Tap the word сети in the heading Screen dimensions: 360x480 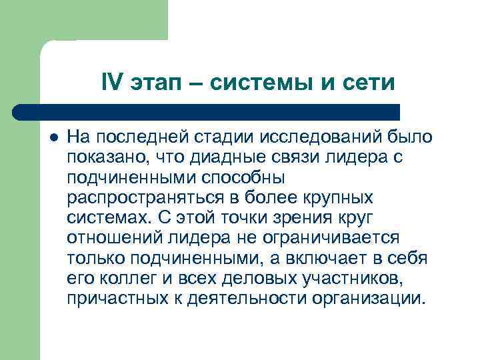tap(370, 83)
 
